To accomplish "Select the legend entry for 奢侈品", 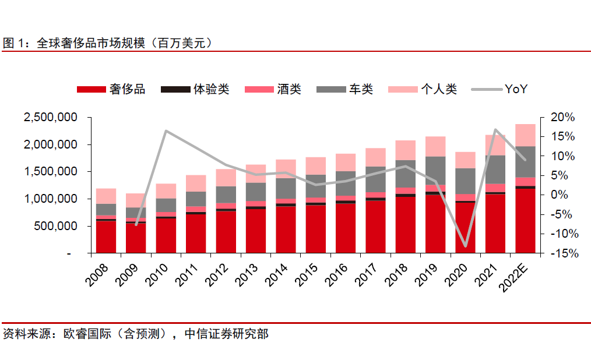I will (111, 89).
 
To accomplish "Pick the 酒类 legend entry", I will (272, 89).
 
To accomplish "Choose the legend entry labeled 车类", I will (344, 89).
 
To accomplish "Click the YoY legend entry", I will (499, 89).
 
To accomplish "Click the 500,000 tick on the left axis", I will (56, 226).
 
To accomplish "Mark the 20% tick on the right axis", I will (562, 117).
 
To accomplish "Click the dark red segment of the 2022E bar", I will (525, 221).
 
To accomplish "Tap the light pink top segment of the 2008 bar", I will (106, 196).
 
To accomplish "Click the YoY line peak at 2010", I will (166, 130).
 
